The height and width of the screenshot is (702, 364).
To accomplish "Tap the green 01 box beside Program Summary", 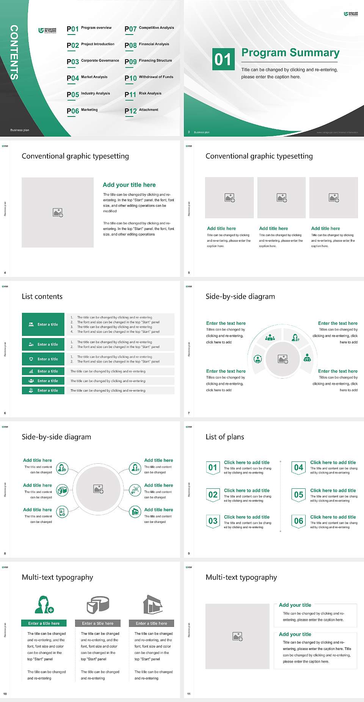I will pyautogui.click(x=223, y=59).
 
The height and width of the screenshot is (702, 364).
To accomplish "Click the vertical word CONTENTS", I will pyautogui.click(x=14, y=52).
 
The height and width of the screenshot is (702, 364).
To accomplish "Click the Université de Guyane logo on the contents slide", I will pyautogui.click(x=47, y=30).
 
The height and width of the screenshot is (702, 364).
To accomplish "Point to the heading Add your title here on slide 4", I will pyautogui.click(x=129, y=185).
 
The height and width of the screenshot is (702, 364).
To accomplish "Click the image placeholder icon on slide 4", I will pyautogui.click(x=58, y=212).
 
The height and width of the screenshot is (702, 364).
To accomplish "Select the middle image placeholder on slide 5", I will pyautogui.click(x=281, y=198).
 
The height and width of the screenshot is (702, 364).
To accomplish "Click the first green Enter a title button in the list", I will pyautogui.click(x=43, y=324).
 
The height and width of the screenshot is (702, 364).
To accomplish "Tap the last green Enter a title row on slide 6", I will pyautogui.click(x=43, y=390).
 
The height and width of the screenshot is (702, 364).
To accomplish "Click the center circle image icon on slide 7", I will pyautogui.click(x=283, y=359).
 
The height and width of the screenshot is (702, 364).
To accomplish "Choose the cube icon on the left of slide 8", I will pyautogui.click(x=62, y=491).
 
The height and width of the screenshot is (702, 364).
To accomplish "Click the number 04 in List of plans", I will pyautogui.click(x=299, y=467).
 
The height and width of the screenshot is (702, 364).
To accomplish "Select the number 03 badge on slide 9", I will pyautogui.click(x=213, y=521).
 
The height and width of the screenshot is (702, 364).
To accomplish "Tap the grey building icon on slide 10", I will pyautogui.click(x=153, y=604).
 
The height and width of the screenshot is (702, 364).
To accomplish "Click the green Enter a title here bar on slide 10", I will pyautogui.click(x=44, y=623).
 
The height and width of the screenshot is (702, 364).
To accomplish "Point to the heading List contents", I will pyautogui.click(x=42, y=296).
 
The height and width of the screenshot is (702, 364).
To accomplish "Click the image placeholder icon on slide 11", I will pyautogui.click(x=237, y=636).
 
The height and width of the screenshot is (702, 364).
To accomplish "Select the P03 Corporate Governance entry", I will pyautogui.click(x=93, y=61).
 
